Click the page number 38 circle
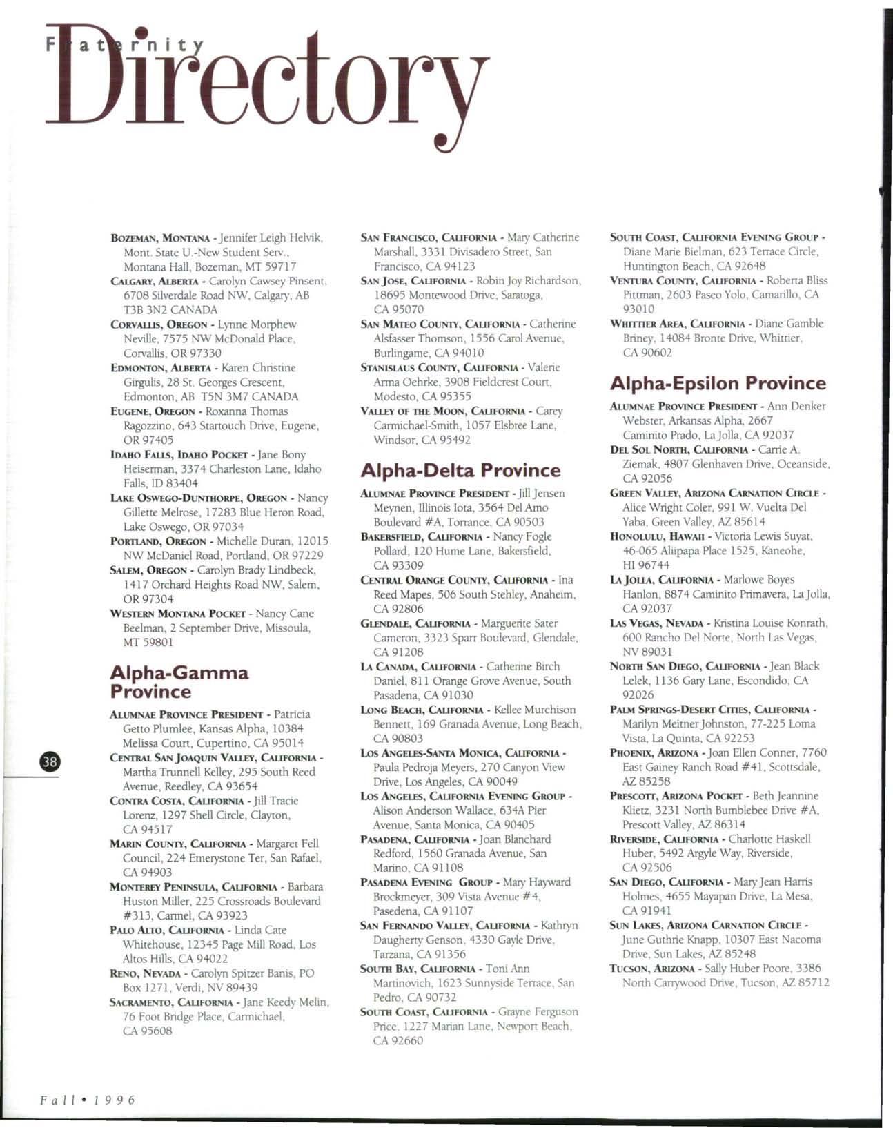pos(50,762)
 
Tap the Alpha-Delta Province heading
pos(460,471)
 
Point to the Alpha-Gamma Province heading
pos(179,682)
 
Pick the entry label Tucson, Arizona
pos(651,969)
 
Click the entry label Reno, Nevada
pos(147,973)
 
